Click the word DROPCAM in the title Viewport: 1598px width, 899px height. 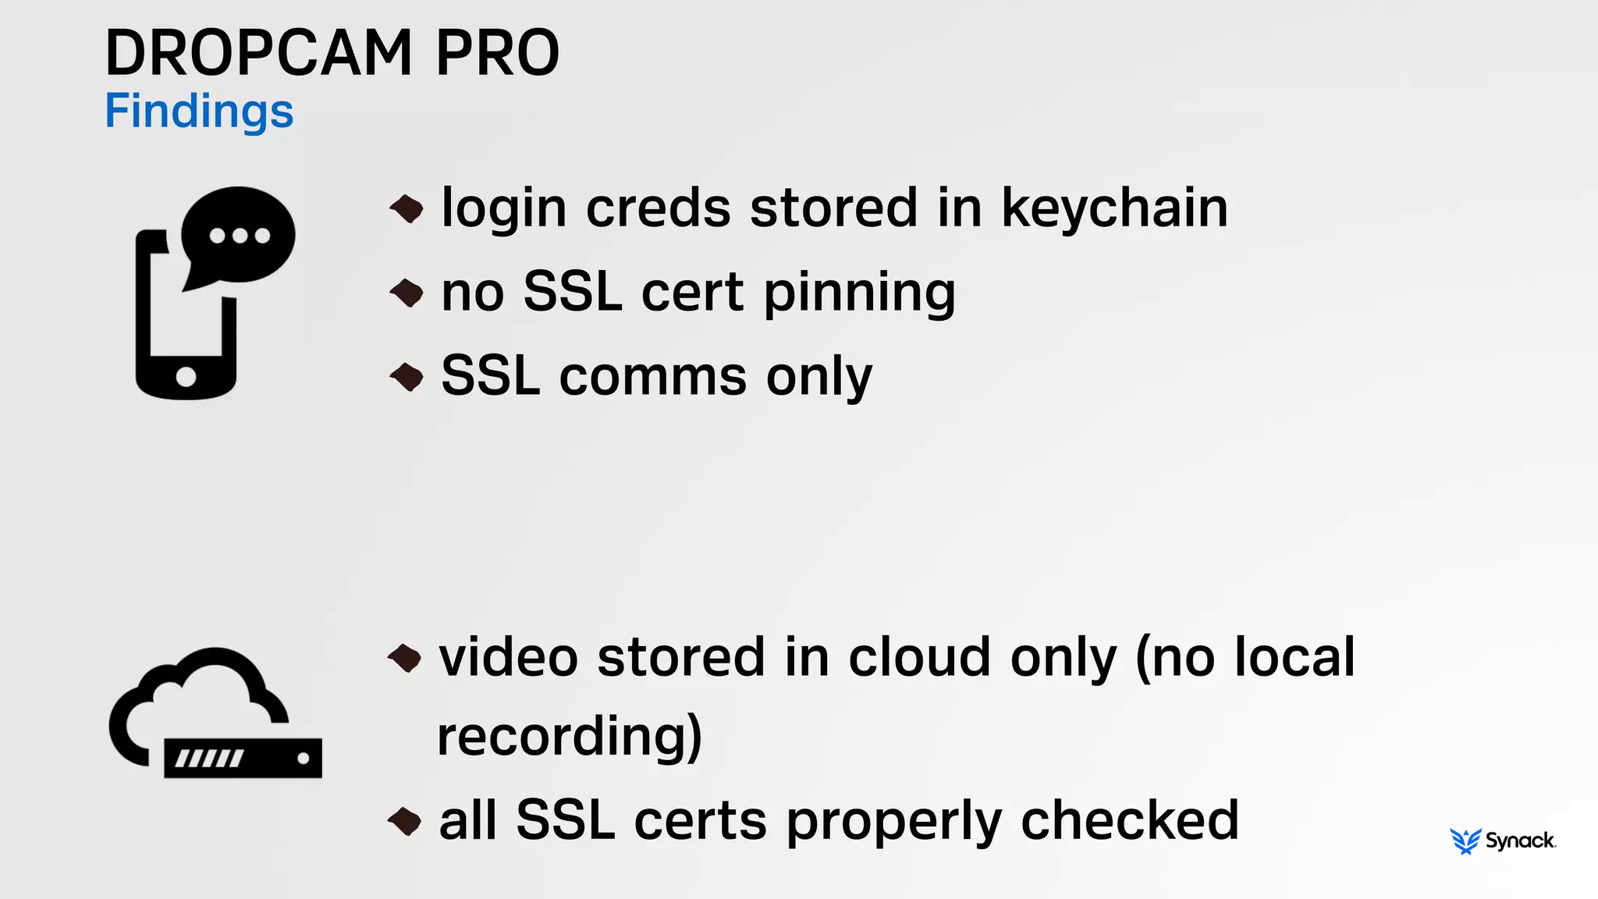(x=258, y=53)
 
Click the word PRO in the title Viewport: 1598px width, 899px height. (x=497, y=53)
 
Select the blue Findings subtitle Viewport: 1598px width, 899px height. (x=199, y=112)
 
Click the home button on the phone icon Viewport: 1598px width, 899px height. (x=186, y=376)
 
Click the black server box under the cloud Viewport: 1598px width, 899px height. (x=243, y=758)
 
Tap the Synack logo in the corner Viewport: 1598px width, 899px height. (x=1502, y=840)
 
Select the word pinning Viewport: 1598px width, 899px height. (x=859, y=293)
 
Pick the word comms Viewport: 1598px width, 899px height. (x=652, y=376)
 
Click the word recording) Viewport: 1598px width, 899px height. (x=570, y=737)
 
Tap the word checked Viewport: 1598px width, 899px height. (x=1129, y=821)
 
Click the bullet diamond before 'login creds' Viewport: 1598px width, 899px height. (x=407, y=208)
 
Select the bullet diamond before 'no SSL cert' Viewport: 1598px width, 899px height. (x=407, y=293)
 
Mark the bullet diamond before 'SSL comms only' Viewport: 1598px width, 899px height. (x=407, y=377)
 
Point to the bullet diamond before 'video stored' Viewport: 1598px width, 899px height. (x=405, y=657)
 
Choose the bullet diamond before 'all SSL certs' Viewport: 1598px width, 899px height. (x=405, y=821)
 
